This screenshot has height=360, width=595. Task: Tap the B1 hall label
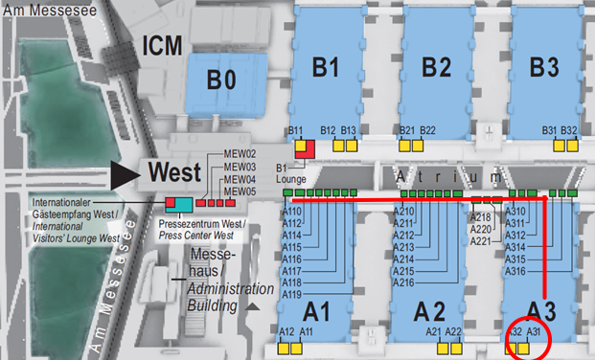click(x=326, y=67)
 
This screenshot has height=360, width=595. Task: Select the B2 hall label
click(x=436, y=67)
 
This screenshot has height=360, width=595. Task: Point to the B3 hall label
click(x=543, y=67)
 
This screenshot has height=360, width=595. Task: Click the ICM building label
click(x=161, y=45)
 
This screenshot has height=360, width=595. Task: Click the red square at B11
click(x=305, y=148)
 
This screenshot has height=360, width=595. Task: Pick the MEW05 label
click(x=240, y=191)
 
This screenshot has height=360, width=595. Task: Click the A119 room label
click(x=293, y=294)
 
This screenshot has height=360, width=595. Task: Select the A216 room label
click(x=403, y=282)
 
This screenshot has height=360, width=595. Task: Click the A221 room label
click(x=481, y=241)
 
